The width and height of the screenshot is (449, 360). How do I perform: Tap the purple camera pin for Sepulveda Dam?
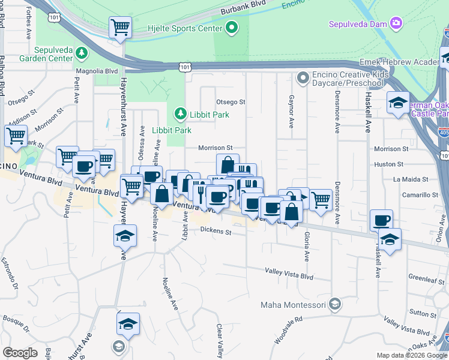click(396, 23)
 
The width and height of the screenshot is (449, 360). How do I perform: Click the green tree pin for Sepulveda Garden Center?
click(82, 54)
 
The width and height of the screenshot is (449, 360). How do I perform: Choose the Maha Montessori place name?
click(294, 305)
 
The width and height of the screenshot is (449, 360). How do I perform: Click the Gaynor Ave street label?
click(291, 111)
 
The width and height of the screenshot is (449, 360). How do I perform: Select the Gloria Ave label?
click(307, 246)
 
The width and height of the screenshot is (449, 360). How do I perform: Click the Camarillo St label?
click(420, 194)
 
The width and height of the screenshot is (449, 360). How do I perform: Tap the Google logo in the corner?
click(20, 352)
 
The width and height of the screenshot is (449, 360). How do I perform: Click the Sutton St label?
click(422, 312)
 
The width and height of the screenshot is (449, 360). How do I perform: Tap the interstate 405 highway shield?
click(444, 133)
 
